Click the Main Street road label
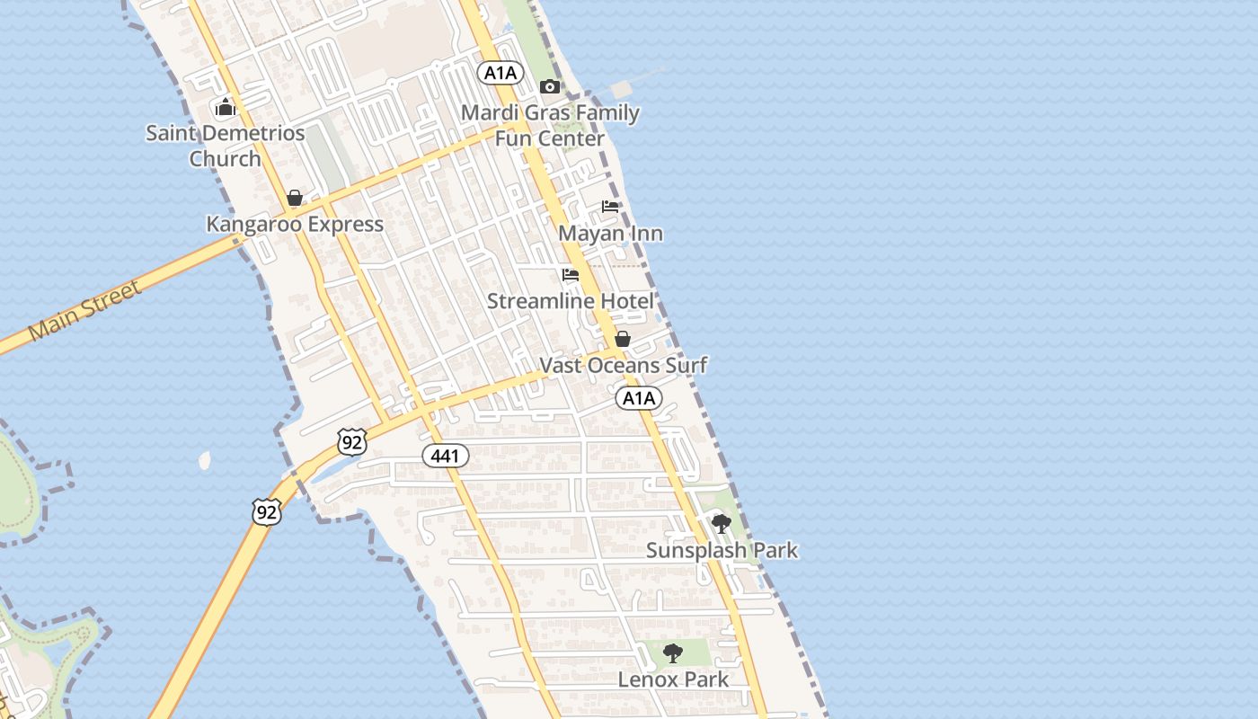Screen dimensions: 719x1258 [84, 311]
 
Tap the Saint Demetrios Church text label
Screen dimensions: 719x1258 [226, 146]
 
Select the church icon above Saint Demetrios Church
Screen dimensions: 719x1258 [225, 108]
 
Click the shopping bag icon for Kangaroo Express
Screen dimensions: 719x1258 [295, 198]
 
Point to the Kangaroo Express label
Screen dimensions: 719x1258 [295, 224]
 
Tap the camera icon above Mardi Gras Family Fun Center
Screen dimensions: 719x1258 [550, 86]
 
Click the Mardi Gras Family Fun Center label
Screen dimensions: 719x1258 [550, 126]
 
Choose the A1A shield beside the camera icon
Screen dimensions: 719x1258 [501, 74]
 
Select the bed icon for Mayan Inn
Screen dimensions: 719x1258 [610, 207]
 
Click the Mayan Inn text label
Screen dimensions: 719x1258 [610, 234]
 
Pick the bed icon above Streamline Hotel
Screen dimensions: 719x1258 [571, 275]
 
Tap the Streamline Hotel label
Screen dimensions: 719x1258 [571, 301]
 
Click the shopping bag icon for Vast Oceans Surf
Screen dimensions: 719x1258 [622, 339]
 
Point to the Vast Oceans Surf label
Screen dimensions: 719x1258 [623, 365]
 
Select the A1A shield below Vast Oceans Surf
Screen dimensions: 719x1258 [639, 398]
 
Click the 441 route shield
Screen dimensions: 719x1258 [445, 456]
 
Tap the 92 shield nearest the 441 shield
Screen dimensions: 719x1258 [353, 441]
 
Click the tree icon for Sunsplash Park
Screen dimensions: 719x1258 [721, 524]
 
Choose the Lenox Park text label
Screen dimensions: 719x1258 [673, 679]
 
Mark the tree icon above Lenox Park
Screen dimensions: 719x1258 [672, 653]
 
